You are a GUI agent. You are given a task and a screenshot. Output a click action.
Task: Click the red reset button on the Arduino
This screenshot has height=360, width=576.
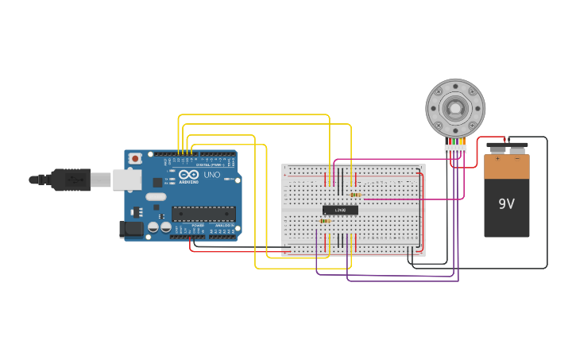[x=135, y=159]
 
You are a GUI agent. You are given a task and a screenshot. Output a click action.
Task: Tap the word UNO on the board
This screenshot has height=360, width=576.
[x=212, y=175]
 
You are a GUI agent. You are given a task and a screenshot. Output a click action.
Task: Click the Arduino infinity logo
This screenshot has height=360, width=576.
[x=188, y=175]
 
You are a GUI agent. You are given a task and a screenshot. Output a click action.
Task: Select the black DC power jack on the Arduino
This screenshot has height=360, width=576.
[x=131, y=230]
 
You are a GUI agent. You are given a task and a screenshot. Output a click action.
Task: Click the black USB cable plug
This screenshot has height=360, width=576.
[x=71, y=180]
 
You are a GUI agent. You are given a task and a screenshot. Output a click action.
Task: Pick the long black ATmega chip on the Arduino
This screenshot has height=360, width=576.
[x=203, y=213]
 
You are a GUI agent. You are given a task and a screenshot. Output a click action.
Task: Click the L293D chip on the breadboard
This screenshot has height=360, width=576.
[x=340, y=210]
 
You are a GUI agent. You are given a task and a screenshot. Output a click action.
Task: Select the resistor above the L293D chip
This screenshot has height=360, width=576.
[x=355, y=195]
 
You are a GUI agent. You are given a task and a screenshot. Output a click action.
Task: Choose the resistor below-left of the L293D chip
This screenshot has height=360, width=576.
[x=325, y=221]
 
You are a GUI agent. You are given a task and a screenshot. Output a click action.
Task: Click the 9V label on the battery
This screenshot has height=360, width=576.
[x=506, y=204]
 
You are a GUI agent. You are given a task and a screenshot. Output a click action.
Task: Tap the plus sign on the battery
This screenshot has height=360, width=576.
[x=497, y=159]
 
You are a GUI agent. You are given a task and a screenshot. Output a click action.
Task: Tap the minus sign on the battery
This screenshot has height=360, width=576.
[x=516, y=159]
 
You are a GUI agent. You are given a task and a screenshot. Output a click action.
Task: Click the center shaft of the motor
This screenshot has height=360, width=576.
[x=454, y=108]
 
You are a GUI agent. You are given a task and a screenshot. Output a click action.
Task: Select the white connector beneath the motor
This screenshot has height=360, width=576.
[x=455, y=148]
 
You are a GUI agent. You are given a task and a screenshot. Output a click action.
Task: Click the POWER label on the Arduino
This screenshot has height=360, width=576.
[x=198, y=225]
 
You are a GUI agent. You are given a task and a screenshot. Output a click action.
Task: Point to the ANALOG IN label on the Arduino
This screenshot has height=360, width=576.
[x=222, y=225]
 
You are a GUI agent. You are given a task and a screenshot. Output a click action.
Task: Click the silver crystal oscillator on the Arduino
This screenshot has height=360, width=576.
[x=156, y=197]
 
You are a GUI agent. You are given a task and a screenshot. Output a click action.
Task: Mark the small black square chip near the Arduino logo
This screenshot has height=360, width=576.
[x=158, y=182]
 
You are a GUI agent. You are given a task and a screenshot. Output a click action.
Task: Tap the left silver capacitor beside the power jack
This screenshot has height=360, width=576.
[x=153, y=228]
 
